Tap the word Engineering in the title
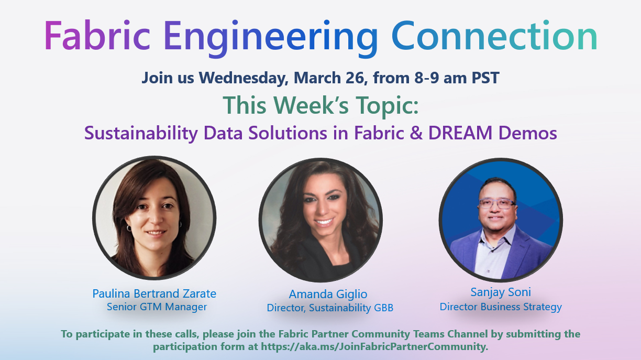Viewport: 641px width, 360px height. coord(270,37)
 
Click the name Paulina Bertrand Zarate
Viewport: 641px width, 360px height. coord(154,293)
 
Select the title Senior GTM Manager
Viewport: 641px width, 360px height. coord(157,307)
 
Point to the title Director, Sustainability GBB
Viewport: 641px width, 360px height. coord(330,308)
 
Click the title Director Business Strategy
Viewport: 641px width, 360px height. coord(501,307)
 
